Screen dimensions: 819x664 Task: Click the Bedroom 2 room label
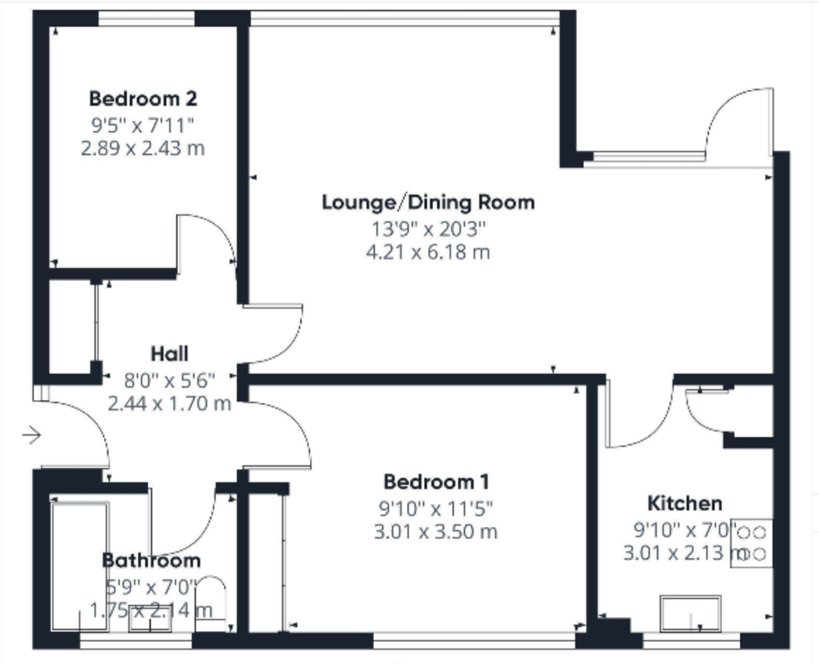click(143, 99)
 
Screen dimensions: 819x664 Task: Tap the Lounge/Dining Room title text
click(428, 203)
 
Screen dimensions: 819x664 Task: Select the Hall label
click(169, 353)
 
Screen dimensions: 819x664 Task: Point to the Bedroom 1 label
click(436, 482)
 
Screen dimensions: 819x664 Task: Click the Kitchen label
click(685, 503)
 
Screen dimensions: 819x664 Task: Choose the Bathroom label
click(151, 560)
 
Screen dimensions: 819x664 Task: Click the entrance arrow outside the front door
click(31, 435)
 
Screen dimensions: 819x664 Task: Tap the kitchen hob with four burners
click(751, 543)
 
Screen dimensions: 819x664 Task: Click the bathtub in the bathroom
click(80, 566)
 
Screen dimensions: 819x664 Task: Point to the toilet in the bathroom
click(210, 605)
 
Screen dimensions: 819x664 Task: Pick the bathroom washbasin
click(150, 619)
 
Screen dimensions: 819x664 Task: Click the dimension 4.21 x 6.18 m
click(428, 252)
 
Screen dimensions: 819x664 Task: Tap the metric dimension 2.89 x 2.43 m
click(143, 148)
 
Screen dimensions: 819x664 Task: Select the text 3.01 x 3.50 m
click(435, 532)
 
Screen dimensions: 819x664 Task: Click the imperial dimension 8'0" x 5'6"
click(169, 381)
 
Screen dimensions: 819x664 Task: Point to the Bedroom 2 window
click(147, 18)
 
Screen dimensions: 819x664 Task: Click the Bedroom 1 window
click(474, 640)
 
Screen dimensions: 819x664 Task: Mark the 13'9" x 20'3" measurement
click(429, 229)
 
